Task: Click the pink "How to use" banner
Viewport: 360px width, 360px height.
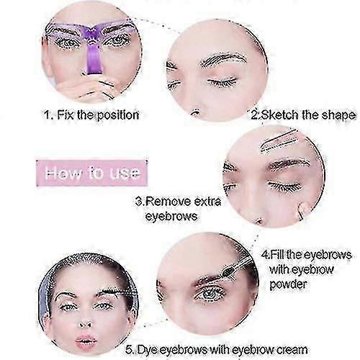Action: pos(91,173)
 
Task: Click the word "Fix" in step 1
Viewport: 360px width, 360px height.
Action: pos(66,114)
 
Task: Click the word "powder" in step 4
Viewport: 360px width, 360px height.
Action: pos(288,285)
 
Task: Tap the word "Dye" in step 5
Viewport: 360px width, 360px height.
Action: pos(147,350)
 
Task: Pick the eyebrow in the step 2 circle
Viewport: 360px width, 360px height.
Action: pos(223,59)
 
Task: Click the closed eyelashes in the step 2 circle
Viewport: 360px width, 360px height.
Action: pos(222,82)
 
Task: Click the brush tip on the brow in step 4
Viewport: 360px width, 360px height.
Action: pos(228,271)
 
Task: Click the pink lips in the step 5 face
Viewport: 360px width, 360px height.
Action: pos(86,341)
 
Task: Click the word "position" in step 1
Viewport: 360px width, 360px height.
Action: pos(118,115)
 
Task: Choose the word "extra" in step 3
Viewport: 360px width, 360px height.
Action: pos(207,201)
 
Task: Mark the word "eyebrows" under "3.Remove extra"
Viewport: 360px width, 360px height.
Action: pos(171,217)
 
